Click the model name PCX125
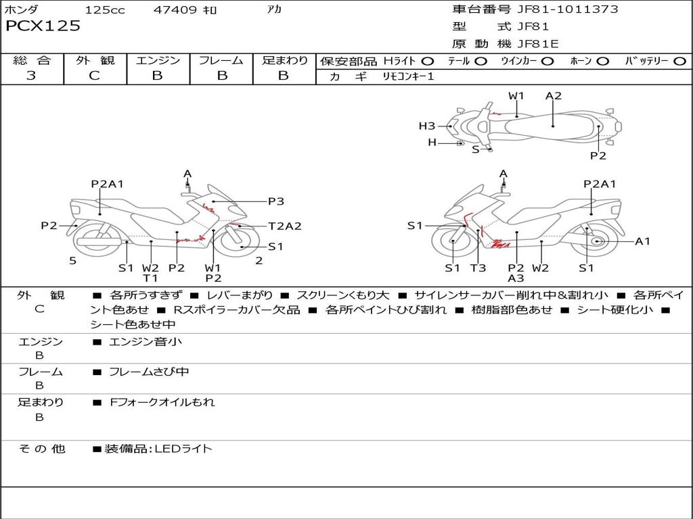pyautogui.click(x=43, y=26)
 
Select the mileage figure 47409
pyautogui.click(x=176, y=10)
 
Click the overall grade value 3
pyautogui.click(x=31, y=76)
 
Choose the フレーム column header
pyautogui.click(x=221, y=61)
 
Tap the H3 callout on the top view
pyautogui.click(x=426, y=126)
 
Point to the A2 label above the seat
pyautogui.click(x=554, y=96)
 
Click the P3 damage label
pyautogui.click(x=275, y=201)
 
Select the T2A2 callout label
pyautogui.click(x=284, y=226)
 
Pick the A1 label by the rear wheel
pyautogui.click(x=642, y=241)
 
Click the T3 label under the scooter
pyautogui.click(x=478, y=268)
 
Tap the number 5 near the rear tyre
pyautogui.click(x=72, y=261)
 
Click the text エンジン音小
pyautogui.click(x=146, y=342)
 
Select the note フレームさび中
pyautogui.click(x=149, y=372)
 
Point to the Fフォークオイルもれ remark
pyautogui.click(x=162, y=402)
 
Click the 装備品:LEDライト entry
pyautogui.click(x=158, y=448)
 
